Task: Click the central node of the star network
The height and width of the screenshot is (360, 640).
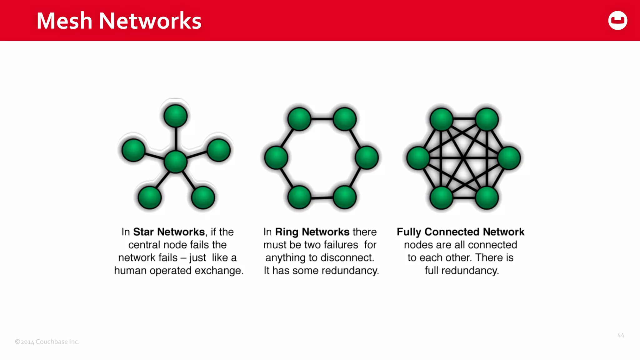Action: pos(175,161)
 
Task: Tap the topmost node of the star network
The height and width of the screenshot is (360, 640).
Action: pos(175,116)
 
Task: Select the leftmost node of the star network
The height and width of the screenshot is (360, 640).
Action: pos(133,150)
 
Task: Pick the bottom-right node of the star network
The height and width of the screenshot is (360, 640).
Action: pos(203,197)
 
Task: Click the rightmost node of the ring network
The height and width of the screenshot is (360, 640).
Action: pos(367,157)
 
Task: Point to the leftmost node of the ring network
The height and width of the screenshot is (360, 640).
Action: pos(276,157)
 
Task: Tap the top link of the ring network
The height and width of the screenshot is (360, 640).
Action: pos(322,119)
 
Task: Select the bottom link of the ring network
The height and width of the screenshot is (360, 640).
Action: pos(322,197)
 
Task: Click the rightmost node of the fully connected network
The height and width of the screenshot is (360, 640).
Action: pos(509,158)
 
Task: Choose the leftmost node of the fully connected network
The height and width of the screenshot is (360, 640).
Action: pos(418,158)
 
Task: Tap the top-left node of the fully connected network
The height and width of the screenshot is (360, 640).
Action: pos(441,119)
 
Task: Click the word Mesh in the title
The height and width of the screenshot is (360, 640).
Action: pos(64,21)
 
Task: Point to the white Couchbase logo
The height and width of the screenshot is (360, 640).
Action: pos(617,21)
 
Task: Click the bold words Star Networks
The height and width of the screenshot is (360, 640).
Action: pos(169,232)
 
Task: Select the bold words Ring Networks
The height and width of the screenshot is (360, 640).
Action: pos(312,232)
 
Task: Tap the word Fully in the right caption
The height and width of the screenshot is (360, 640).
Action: pos(409,232)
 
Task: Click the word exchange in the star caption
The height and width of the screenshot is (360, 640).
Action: pos(219,270)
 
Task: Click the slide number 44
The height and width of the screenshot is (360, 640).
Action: pos(621,335)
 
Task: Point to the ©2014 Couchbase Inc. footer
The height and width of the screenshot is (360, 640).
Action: pos(47,342)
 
